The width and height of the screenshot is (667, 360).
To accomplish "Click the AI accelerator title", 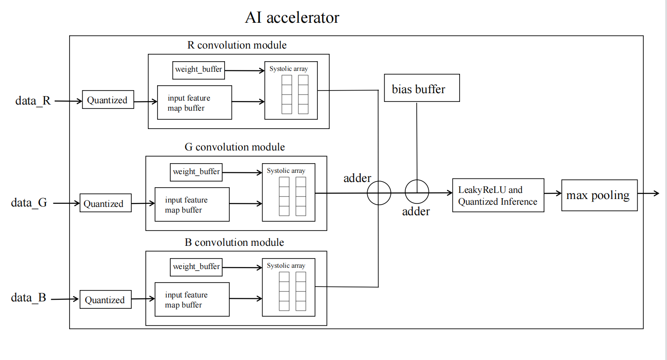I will point(292,17).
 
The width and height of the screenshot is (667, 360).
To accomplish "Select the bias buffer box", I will point(421,88).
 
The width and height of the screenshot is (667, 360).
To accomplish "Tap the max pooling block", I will point(599,195).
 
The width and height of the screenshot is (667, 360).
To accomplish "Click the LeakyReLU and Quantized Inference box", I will point(498,195).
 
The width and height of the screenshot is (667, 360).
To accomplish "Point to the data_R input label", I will point(33,101).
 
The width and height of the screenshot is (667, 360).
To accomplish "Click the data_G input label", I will point(29,203).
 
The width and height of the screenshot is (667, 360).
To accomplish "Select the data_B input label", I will point(28,297).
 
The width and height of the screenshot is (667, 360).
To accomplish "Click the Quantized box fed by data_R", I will point(108,100).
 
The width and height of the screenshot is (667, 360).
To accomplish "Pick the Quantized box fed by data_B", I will point(105,300).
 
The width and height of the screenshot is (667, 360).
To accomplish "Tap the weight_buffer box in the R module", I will point(198,70).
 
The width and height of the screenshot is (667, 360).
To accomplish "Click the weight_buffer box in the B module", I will point(196,267).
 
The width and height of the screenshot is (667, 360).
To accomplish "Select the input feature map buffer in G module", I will point(192,204).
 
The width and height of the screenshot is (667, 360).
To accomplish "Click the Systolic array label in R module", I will point(288,69).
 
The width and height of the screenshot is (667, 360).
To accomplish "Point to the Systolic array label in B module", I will point(286,266).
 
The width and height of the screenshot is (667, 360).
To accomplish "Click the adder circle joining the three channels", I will point(379,193).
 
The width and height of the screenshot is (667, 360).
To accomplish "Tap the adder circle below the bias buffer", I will point(417,192).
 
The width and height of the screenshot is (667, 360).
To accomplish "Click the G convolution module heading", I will point(235,147).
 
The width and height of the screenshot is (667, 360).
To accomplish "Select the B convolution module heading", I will point(234,242).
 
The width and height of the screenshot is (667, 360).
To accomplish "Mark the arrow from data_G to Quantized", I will point(66,203).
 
